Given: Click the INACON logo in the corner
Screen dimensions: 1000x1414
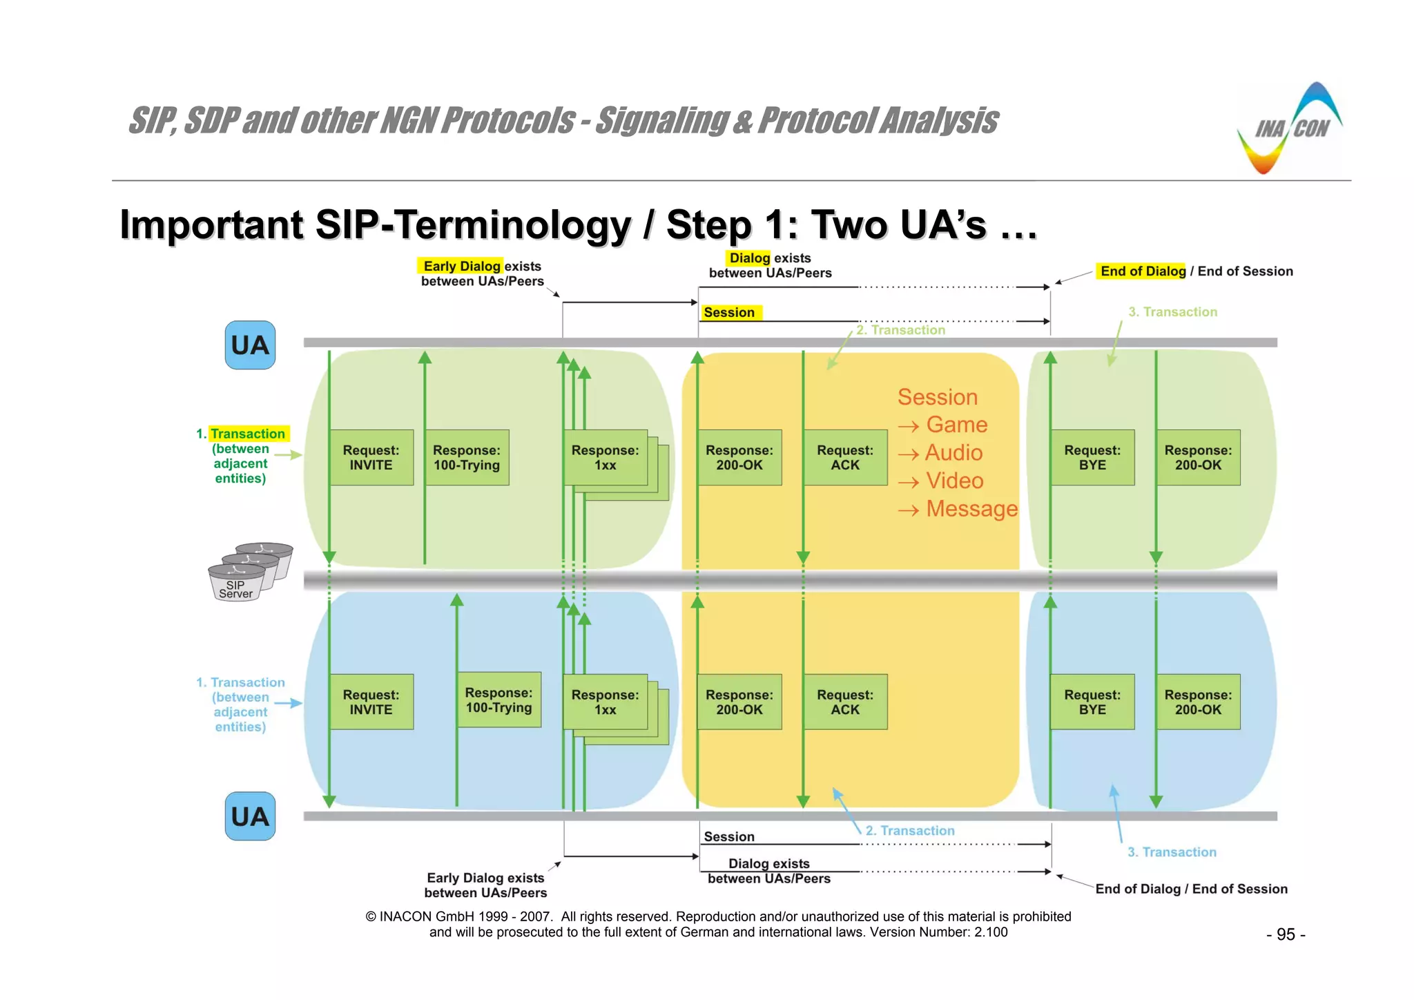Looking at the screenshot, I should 1290,129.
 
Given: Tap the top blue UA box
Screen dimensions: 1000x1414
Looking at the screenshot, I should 250,345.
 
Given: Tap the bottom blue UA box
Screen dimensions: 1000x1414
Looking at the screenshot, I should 250,816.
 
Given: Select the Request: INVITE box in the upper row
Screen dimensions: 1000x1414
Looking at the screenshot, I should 371,457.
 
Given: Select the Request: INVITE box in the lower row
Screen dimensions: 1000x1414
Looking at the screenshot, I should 371,702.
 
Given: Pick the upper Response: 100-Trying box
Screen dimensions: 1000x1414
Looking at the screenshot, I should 467,457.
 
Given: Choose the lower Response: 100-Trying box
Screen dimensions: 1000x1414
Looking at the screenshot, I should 498,700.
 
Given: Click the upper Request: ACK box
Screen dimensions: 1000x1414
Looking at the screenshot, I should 845,457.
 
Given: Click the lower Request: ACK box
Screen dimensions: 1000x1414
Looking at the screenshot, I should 845,702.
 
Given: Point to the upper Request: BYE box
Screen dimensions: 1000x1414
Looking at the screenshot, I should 1092,457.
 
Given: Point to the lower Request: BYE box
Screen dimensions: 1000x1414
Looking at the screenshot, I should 1092,702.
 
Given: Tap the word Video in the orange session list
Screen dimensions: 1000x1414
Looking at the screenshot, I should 954,481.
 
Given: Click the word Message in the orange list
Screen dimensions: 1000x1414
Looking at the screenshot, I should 971,509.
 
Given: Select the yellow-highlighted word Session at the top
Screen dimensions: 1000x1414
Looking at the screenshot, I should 730,312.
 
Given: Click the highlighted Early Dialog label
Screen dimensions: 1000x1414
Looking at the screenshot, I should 461,266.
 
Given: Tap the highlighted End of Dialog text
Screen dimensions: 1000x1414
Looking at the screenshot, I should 1143,271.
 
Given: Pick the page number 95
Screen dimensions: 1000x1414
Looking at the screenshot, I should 1286,934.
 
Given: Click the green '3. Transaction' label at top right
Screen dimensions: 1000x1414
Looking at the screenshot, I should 1173,311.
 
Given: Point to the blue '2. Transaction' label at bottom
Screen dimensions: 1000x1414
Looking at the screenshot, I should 910,831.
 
